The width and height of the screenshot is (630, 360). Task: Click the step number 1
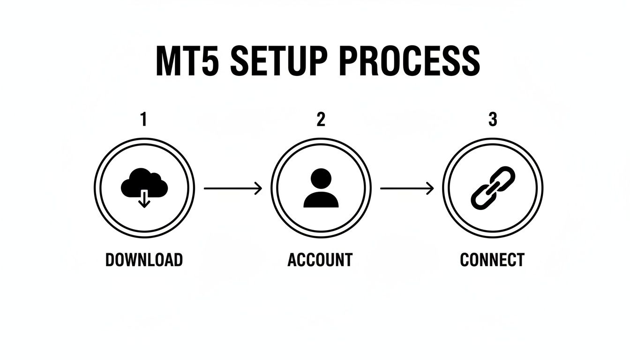click(144, 120)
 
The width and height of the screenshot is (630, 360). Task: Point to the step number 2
click(321, 120)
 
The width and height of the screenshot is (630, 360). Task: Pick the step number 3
click(493, 120)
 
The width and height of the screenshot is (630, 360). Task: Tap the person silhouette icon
click(321, 188)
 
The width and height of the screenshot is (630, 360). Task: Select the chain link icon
click(493, 188)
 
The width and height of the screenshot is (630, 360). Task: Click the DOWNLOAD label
click(144, 260)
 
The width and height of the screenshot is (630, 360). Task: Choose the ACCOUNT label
click(320, 260)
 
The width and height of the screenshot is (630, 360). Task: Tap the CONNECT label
click(492, 260)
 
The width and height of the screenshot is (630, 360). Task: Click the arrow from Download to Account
click(232, 188)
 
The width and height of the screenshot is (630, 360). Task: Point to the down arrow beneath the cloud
click(144, 200)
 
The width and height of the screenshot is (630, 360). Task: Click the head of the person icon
click(321, 179)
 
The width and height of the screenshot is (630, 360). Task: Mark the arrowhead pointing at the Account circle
click(258, 188)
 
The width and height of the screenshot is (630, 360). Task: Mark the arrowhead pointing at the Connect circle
click(431, 188)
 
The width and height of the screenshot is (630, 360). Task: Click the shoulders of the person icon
click(321, 200)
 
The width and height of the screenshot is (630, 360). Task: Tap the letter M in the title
click(168, 61)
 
